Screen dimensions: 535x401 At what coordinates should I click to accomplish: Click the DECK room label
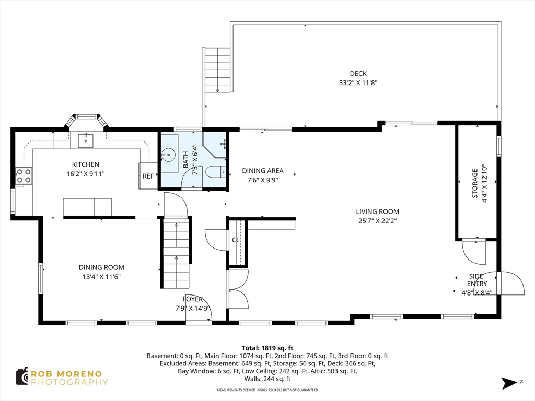358,73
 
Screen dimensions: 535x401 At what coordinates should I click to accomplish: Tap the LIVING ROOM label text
377,212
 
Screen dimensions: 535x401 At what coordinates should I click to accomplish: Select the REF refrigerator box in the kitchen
148,176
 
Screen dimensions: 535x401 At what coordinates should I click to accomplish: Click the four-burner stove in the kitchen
24,176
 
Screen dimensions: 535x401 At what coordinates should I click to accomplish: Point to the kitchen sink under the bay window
85,140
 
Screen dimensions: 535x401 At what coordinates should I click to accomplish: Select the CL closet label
236,240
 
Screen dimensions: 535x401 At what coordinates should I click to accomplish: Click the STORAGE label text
474,183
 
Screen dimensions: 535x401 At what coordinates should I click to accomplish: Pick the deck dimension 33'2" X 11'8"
358,83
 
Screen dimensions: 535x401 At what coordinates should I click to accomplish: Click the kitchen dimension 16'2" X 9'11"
85,174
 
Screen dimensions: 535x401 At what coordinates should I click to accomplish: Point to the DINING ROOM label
101,268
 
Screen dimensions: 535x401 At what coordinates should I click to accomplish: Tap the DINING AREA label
263,171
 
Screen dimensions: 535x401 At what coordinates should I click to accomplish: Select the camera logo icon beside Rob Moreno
22,376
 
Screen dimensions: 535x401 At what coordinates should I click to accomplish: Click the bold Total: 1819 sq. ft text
267,348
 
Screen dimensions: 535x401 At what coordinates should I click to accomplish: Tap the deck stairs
218,70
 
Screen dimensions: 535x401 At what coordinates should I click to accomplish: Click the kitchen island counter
87,207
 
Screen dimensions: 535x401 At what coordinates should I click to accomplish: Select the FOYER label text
192,299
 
